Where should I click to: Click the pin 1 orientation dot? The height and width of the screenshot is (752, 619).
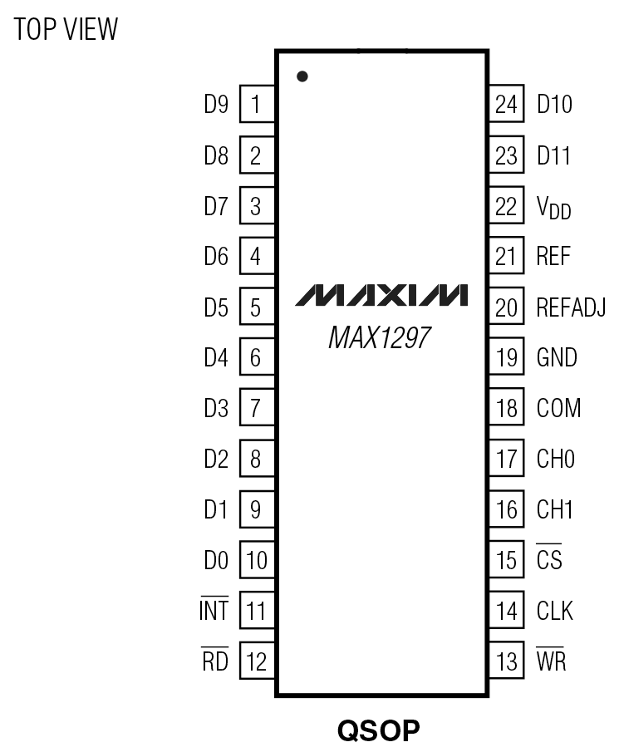click(x=302, y=76)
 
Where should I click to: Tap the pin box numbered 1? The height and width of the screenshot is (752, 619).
click(x=257, y=105)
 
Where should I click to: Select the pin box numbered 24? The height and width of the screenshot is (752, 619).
click(x=505, y=105)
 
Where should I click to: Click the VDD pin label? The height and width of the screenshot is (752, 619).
click(x=554, y=208)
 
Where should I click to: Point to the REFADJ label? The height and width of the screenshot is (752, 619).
click(x=571, y=307)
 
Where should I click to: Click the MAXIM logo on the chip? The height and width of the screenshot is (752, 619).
click(x=381, y=295)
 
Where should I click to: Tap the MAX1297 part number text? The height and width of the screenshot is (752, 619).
click(x=381, y=338)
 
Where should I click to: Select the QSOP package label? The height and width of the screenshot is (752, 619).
click(x=378, y=731)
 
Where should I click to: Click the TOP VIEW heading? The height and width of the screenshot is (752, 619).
click(x=66, y=31)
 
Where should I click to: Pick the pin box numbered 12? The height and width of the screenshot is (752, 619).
click(x=257, y=661)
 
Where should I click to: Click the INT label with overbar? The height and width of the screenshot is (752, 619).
click(x=214, y=612)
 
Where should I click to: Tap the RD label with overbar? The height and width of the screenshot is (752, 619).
click(x=214, y=662)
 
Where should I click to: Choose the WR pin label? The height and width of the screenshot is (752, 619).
click(x=552, y=662)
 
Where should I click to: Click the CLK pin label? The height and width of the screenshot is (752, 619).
click(x=555, y=612)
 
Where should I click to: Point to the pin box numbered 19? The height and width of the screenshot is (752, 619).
click(x=505, y=358)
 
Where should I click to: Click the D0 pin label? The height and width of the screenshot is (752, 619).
click(x=216, y=561)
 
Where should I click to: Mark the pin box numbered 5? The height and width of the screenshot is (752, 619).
click(x=257, y=307)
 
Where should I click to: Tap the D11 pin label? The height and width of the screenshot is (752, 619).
click(x=554, y=155)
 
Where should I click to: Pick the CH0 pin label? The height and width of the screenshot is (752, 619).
click(x=556, y=460)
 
